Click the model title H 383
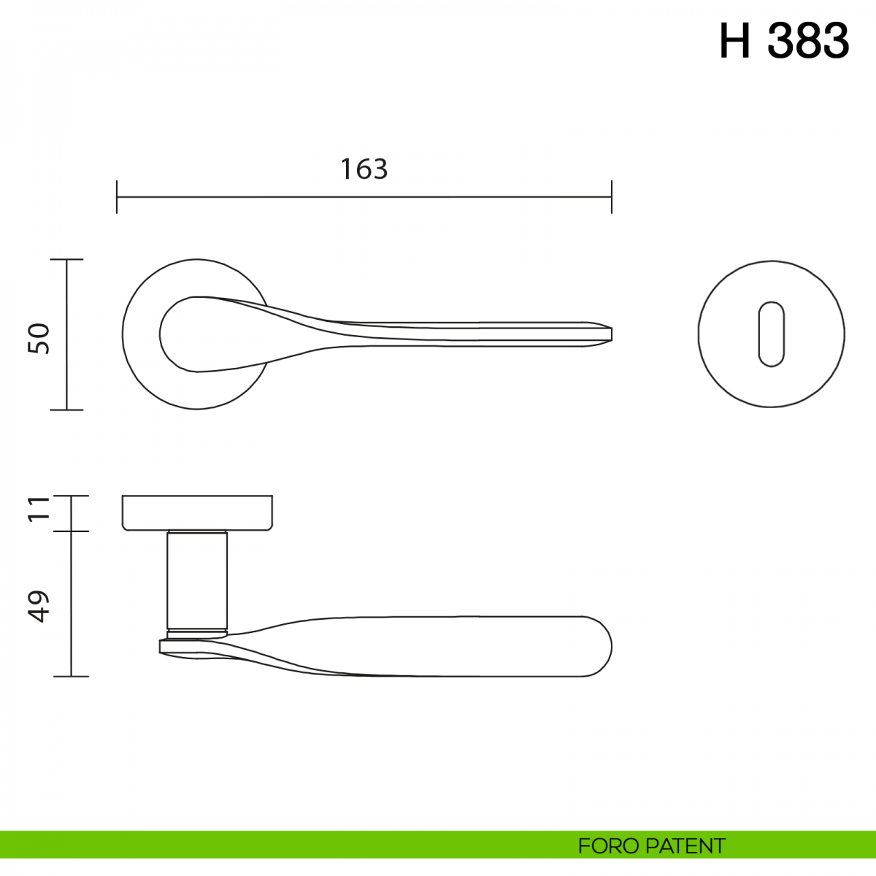784,42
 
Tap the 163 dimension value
364,169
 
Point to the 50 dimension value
39,338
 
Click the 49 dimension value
39,606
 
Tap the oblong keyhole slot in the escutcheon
771,334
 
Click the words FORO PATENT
651,846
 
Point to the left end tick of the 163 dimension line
117,197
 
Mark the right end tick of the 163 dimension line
612,197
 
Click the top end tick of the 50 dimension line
67,260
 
